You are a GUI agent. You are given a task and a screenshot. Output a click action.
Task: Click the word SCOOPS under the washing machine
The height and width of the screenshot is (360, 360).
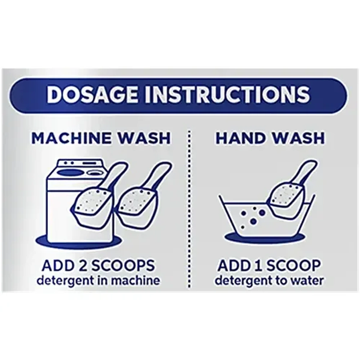[x=123, y=266]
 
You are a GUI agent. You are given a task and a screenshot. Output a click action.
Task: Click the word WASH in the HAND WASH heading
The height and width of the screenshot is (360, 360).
[x=298, y=138]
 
